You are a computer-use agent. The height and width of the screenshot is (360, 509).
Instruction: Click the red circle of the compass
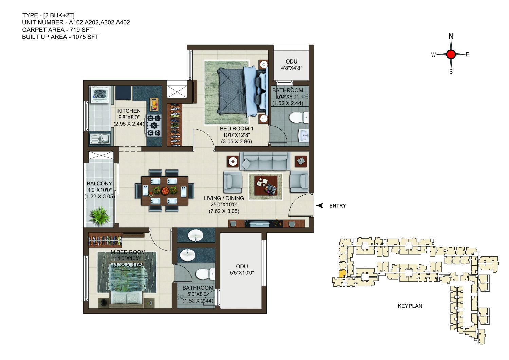pyautogui.click(x=451, y=54)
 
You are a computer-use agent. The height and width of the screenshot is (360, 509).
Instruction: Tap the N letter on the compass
pyautogui.click(x=451, y=36)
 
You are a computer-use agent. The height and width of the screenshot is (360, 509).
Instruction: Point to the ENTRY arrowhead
pyautogui.click(x=320, y=205)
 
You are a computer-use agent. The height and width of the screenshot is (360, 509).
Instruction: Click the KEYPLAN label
pyautogui.click(x=410, y=306)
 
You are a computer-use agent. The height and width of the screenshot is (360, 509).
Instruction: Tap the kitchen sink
pyautogui.click(x=100, y=139)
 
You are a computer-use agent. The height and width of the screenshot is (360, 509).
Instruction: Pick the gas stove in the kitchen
pyautogui.click(x=154, y=125)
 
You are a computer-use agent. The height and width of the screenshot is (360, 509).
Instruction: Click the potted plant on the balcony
pyautogui.click(x=100, y=216)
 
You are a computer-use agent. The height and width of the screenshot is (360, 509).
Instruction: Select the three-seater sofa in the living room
pyautogui.click(x=265, y=161)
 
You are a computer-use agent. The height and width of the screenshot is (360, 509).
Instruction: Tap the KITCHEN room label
pyautogui.click(x=129, y=111)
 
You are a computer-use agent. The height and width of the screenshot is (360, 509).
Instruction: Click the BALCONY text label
pyautogui.click(x=99, y=183)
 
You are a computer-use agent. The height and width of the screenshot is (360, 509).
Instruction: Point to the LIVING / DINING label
pyautogui.click(x=224, y=198)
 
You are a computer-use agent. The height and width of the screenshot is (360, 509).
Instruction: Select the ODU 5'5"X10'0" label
pyautogui.click(x=242, y=269)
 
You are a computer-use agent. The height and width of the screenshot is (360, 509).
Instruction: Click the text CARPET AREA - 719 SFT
pyautogui.click(x=57, y=30)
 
